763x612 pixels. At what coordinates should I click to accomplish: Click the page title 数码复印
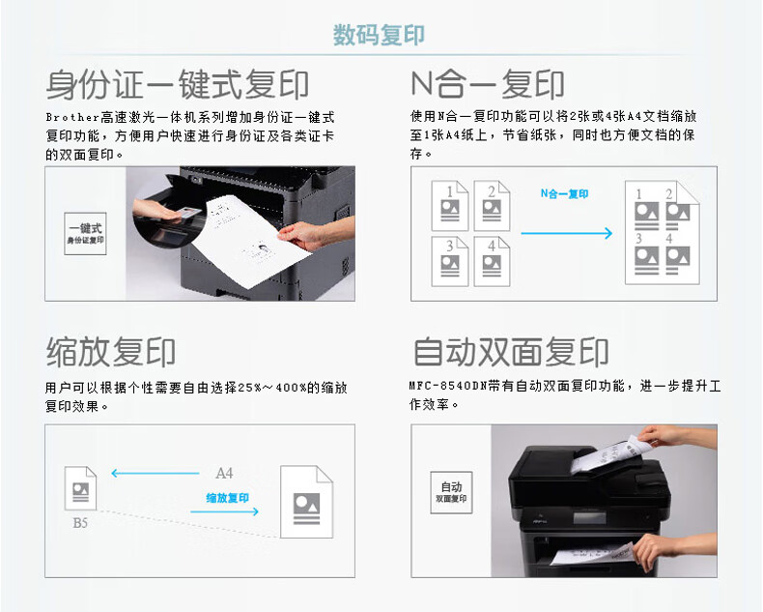[379, 35]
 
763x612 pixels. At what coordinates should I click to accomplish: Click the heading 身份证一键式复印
[177, 84]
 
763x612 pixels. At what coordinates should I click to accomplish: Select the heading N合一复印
[488, 84]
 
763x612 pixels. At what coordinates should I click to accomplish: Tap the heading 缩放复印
[111, 352]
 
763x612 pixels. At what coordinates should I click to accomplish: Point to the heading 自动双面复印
[511, 352]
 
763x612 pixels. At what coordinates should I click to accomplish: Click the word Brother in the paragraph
[72, 117]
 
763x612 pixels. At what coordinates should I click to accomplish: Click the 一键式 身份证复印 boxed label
[85, 233]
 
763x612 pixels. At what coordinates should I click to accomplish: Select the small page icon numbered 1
[450, 206]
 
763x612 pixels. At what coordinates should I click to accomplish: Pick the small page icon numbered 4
[492, 261]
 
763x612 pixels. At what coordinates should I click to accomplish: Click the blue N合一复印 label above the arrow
[564, 194]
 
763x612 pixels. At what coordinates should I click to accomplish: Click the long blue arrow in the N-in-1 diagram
[566, 233]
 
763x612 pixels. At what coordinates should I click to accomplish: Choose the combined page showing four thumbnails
[663, 232]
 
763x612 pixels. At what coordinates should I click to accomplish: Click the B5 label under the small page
[80, 523]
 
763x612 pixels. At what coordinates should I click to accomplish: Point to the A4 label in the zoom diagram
[224, 473]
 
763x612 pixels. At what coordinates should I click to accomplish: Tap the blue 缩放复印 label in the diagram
[227, 498]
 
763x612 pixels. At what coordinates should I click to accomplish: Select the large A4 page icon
[306, 502]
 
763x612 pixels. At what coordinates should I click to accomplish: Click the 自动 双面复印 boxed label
[451, 492]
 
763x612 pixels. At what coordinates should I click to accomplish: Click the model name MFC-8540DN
[448, 386]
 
